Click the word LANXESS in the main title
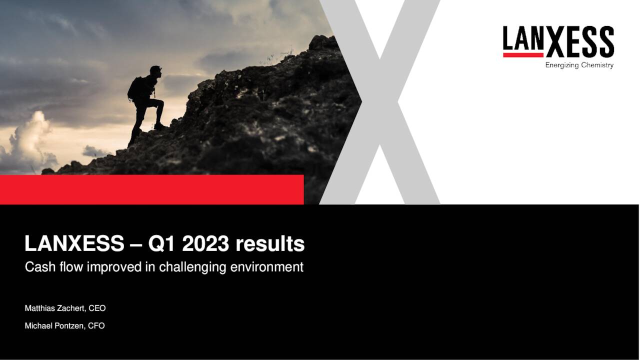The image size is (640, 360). tap(74, 244)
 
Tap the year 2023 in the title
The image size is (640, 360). tap(205, 244)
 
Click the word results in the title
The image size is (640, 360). tap(270, 244)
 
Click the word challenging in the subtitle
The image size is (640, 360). tap(192, 267)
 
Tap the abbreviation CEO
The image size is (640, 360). tap(97, 308)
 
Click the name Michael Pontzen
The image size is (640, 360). tap(54, 326)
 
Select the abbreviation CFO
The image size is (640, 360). tap(96, 326)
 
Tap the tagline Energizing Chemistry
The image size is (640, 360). tap(579, 65)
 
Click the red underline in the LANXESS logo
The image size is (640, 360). tap(523, 55)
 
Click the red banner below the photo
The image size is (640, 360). tap(150, 189)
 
